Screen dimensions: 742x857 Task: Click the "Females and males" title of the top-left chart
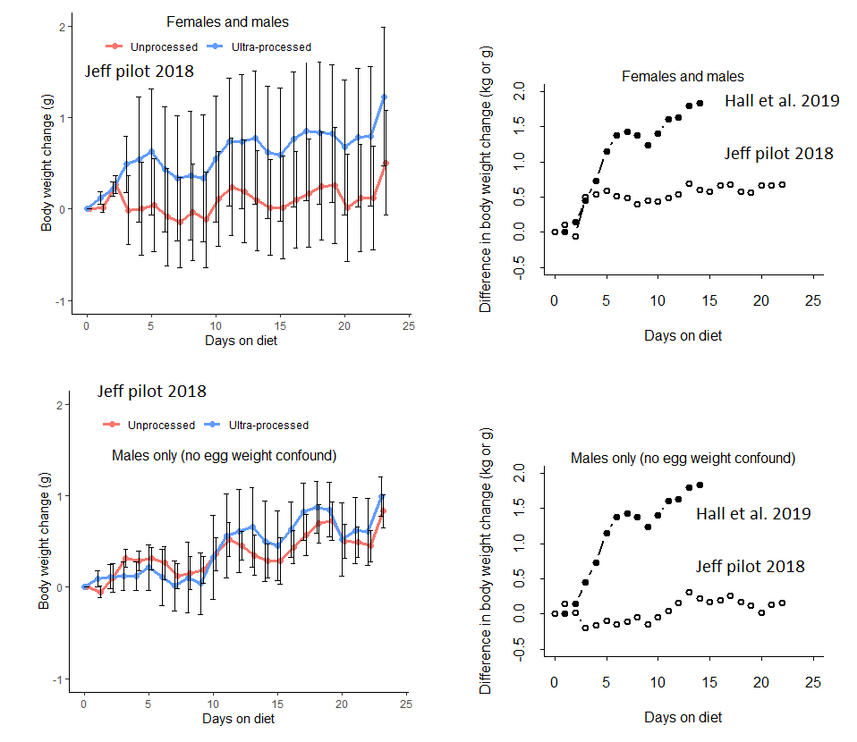tap(227, 21)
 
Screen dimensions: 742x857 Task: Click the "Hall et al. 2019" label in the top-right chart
tap(782, 101)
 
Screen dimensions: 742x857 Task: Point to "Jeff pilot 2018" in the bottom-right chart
tap(750, 567)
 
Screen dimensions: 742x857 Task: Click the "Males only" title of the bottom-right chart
tap(683, 459)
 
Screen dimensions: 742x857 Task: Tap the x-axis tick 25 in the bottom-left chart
tap(405, 704)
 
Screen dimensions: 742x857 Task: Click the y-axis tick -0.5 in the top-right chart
tap(519, 267)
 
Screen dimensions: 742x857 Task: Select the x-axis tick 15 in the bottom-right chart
tap(709, 683)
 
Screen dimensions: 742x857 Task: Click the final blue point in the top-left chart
tap(384, 97)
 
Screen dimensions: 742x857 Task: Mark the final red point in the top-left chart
tap(385, 164)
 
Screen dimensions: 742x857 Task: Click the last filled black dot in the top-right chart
tap(700, 103)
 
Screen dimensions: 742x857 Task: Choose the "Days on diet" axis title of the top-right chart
tap(683, 336)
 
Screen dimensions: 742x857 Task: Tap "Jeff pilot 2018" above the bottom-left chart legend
tap(152, 392)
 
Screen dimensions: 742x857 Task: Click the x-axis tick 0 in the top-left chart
tap(87, 325)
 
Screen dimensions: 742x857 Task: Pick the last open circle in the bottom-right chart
tap(782, 603)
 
